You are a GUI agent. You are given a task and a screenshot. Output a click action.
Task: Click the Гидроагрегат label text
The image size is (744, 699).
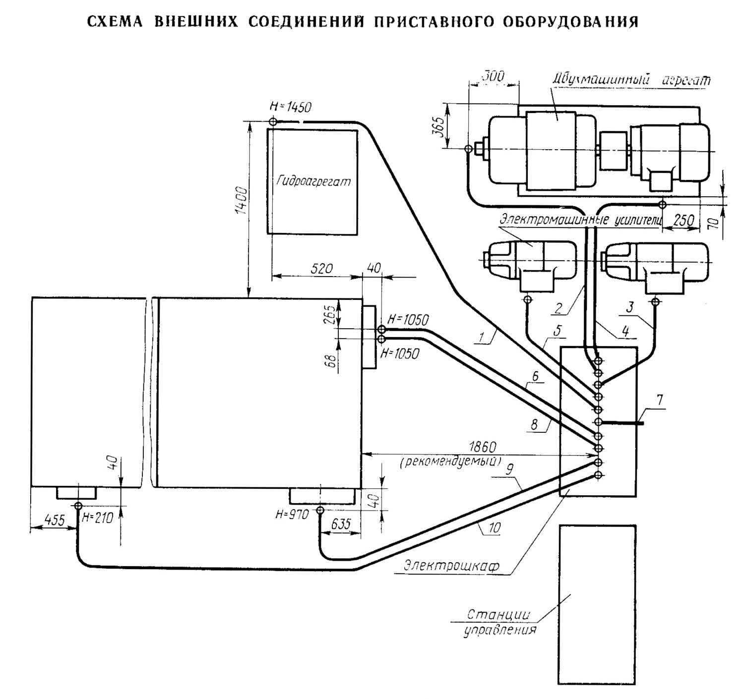313,181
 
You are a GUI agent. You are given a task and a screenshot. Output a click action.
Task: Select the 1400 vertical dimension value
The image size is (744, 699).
241,200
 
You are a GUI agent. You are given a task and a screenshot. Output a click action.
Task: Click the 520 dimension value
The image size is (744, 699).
321,269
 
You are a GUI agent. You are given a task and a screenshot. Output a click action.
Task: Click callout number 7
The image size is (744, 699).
660,400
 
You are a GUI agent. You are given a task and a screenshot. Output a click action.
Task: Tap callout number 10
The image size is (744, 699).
495,528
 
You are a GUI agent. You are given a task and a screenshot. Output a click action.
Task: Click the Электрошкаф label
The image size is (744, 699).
451,566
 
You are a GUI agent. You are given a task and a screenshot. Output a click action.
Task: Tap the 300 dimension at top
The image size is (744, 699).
494,76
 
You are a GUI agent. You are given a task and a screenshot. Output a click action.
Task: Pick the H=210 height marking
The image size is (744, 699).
98,518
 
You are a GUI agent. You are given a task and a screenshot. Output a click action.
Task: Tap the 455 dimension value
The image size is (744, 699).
55,520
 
